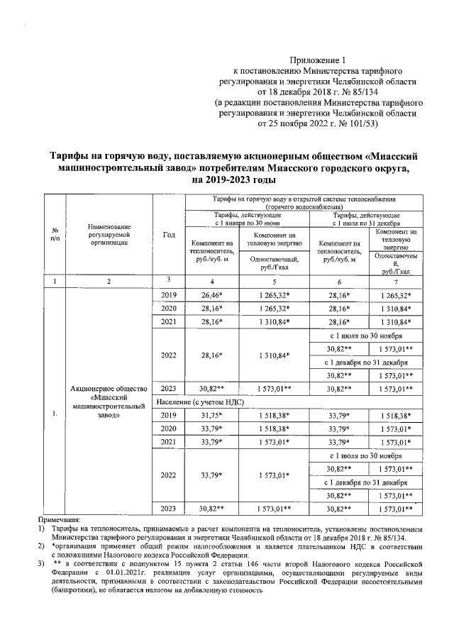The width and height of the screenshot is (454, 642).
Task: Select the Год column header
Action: pyautogui.click(x=168, y=236)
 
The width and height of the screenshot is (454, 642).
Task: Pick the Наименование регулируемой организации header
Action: pyautogui.click(x=109, y=236)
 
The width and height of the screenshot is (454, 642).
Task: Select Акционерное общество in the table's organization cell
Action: pyautogui.click(x=109, y=389)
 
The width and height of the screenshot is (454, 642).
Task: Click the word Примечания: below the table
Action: pyautogui.click(x=61, y=520)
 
